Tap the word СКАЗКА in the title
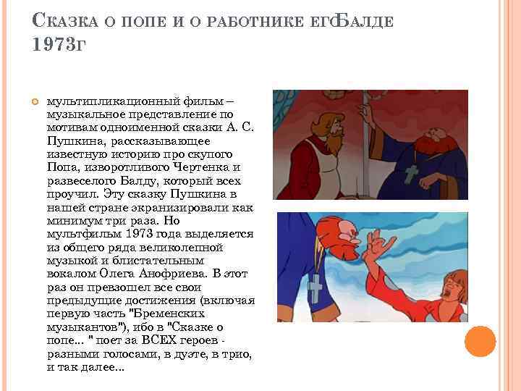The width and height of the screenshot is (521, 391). pos(65,20)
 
